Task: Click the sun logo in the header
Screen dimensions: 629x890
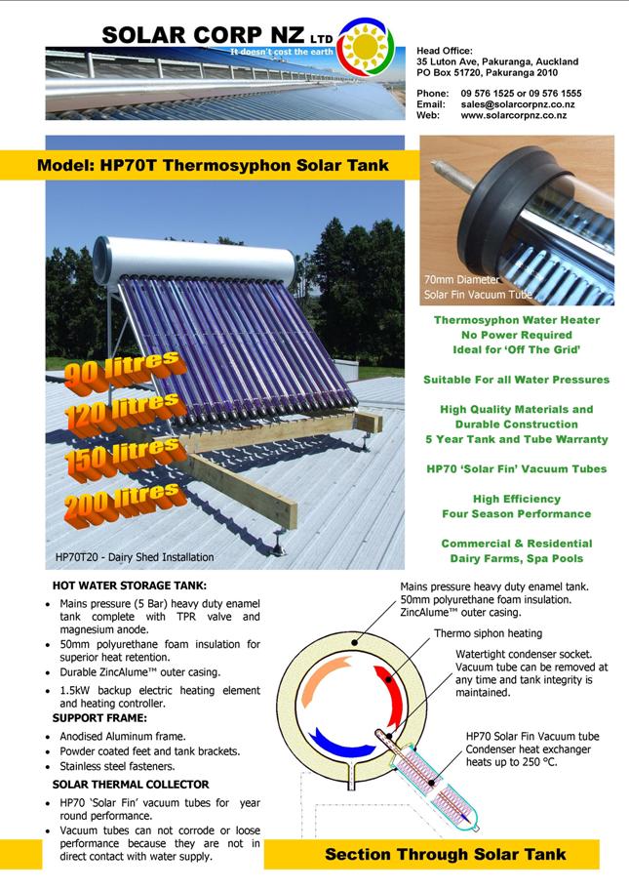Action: coord(366,45)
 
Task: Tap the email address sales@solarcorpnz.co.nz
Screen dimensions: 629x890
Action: coord(518,104)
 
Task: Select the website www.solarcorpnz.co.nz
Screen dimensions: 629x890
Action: coord(514,115)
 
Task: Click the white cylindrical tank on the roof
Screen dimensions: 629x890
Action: coord(194,262)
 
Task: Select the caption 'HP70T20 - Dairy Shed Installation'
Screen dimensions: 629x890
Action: coord(135,557)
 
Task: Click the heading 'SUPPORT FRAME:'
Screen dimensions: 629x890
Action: coord(99,718)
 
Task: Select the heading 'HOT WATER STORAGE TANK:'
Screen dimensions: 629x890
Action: coord(130,586)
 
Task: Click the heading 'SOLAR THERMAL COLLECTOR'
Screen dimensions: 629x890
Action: coord(131,785)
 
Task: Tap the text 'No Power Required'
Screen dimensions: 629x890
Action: coord(517,335)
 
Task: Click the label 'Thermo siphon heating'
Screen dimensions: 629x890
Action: coord(489,633)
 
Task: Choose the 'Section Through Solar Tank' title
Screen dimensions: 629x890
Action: coord(446,854)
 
